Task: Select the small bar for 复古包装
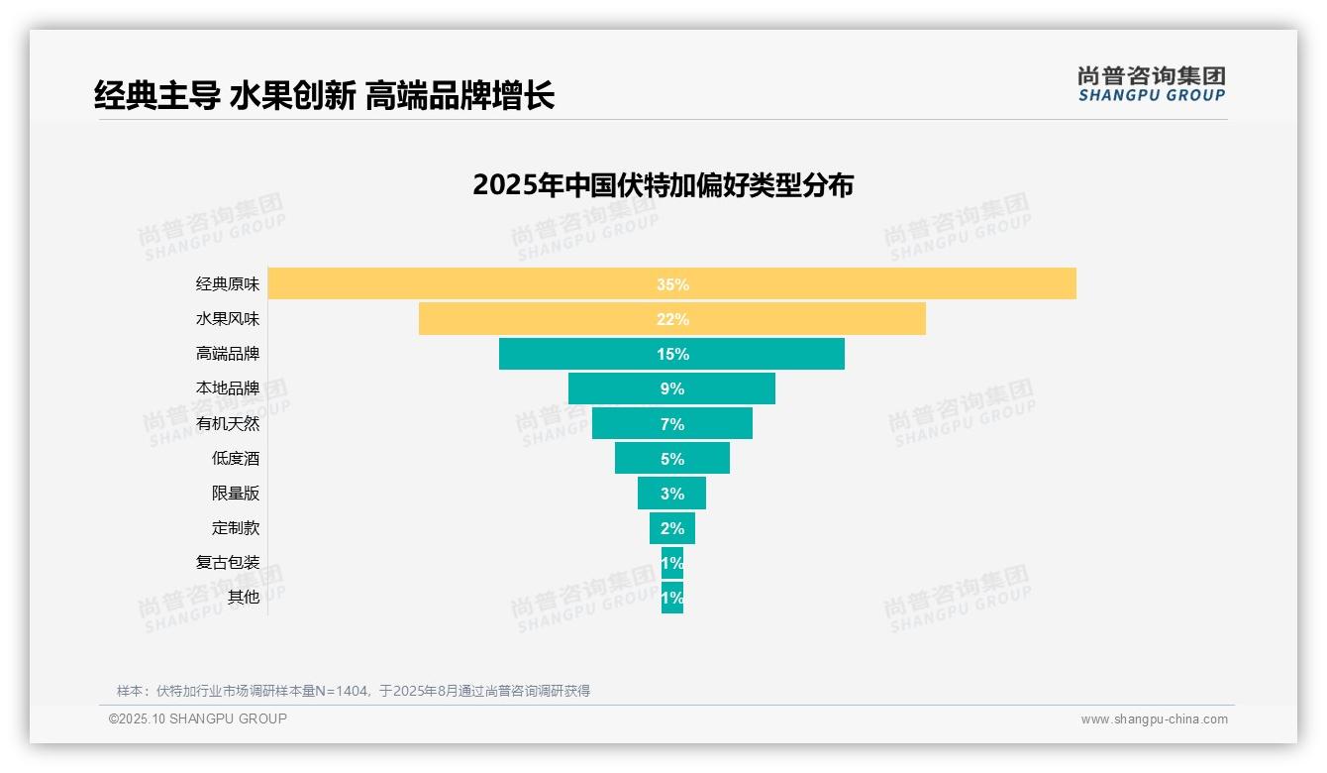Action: point(672,563)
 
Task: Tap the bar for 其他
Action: point(672,598)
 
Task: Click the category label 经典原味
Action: point(228,284)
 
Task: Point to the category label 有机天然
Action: point(228,424)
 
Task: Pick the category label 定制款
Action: point(236,528)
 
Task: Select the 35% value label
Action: point(672,284)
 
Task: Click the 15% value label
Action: point(672,354)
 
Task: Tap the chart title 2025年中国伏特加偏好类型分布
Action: point(663,185)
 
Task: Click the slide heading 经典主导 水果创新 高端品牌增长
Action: point(324,95)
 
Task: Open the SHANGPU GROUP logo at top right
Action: point(1151,84)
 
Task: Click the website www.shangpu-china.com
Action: point(1154,719)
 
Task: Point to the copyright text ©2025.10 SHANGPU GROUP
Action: point(198,718)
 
